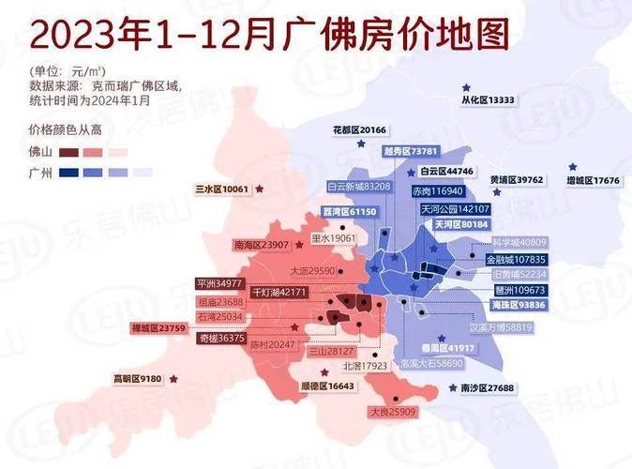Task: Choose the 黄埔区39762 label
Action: pyautogui.click(x=517, y=179)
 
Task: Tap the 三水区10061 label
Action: pyautogui.click(x=221, y=189)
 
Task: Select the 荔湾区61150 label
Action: pyautogui.click(x=349, y=213)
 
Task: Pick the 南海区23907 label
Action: pyautogui.click(x=260, y=245)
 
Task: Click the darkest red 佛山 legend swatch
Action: pyautogui.click(x=68, y=151)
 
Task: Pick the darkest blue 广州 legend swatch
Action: pyautogui.click(x=68, y=173)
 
